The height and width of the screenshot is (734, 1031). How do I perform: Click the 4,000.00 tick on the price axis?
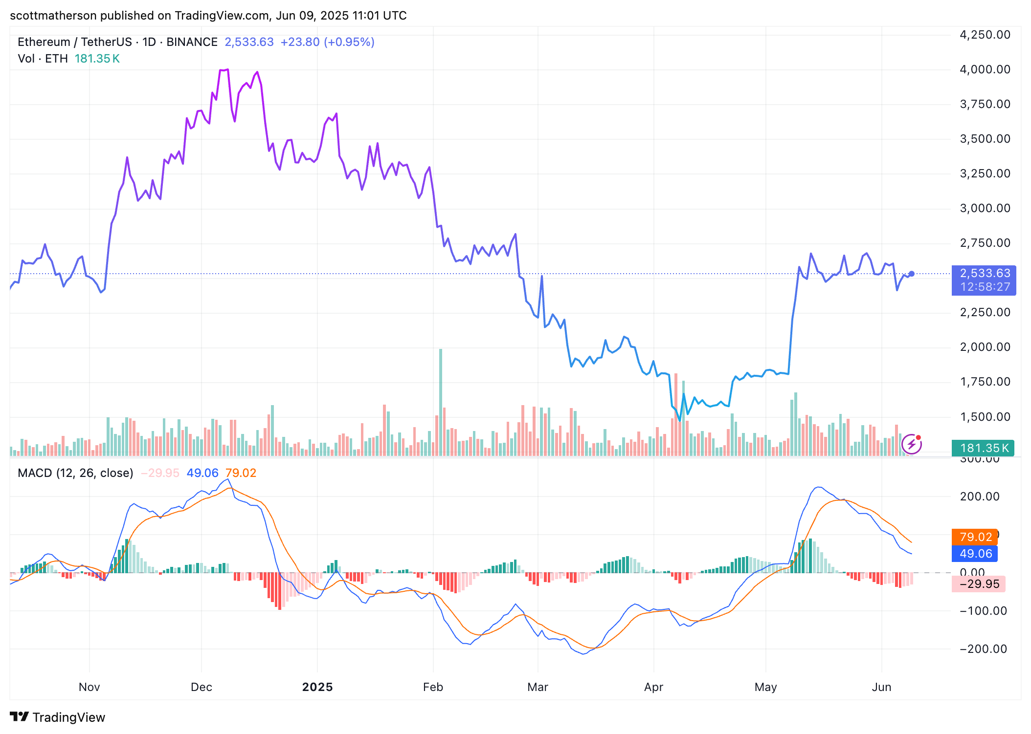coord(985,69)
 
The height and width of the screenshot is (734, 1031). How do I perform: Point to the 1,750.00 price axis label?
coord(985,382)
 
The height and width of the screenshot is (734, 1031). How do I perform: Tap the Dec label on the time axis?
coord(201,687)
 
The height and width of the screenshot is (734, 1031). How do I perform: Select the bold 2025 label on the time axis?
coord(317,687)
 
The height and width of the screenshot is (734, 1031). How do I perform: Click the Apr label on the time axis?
coord(653,687)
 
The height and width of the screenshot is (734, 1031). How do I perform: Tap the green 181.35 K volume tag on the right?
coord(983,448)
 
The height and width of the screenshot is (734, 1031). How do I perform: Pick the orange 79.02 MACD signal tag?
coord(975,537)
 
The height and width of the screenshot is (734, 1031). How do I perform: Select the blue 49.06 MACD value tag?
coord(975,554)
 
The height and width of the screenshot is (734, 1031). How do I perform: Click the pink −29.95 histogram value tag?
coord(978,584)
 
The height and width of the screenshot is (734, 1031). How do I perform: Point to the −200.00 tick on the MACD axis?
coord(983,649)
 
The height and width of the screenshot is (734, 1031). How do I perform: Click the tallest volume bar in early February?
coord(441,401)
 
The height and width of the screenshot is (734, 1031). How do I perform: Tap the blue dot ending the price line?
coord(911,274)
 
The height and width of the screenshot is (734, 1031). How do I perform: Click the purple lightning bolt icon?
coord(911,444)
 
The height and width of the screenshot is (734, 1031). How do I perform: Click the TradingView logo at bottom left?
coord(57,717)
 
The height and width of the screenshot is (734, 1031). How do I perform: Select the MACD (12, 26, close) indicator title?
coord(75,473)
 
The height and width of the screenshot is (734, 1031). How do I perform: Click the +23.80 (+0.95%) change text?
coord(327,42)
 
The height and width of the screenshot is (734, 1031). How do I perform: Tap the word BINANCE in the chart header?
coord(192,42)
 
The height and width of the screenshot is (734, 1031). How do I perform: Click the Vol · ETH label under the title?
coord(43,59)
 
